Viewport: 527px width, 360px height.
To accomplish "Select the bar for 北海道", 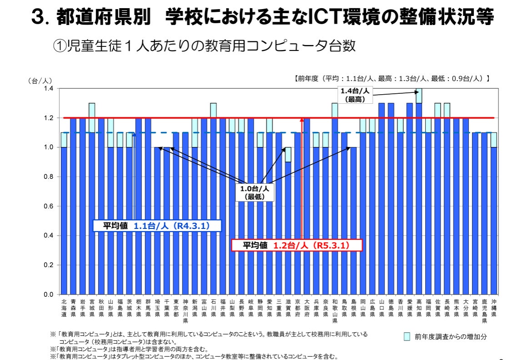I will [64, 218].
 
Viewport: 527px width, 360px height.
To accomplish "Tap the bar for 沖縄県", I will [494, 218].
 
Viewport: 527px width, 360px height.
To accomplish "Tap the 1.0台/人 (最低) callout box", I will [255, 193].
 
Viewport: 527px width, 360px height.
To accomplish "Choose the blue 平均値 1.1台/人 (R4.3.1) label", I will [157, 226].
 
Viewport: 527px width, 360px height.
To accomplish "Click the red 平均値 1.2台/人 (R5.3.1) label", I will [297, 245].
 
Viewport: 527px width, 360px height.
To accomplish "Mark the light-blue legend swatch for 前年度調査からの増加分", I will [407, 337].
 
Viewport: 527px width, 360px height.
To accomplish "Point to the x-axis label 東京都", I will [176, 304].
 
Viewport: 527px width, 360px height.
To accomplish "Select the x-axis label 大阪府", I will [307, 304].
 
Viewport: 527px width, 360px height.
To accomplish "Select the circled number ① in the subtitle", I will [60, 46].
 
